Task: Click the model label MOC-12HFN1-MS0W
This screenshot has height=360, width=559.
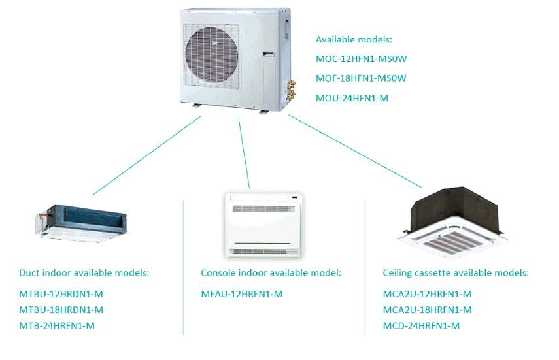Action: point(361,59)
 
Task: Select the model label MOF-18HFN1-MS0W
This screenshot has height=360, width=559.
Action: point(361,78)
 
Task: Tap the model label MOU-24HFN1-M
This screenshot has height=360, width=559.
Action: point(352,98)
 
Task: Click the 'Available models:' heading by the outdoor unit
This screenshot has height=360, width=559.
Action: point(354,39)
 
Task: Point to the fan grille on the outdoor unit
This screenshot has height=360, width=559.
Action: point(212,56)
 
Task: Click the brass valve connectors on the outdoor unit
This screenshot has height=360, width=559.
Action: point(291,89)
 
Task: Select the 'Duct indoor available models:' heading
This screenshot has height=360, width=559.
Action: point(84,273)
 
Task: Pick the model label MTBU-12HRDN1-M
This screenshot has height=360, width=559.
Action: point(61,294)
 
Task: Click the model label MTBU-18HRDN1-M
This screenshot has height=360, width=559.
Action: point(61,310)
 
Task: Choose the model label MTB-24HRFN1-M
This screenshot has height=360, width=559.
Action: point(57,326)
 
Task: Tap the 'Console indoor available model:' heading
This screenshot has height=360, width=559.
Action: point(271,273)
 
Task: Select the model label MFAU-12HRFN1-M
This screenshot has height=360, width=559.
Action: point(242,294)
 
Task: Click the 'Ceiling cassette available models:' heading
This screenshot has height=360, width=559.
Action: point(456,273)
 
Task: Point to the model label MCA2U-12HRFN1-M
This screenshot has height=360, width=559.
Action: point(427,294)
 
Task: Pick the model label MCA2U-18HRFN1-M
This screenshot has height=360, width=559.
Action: point(427,310)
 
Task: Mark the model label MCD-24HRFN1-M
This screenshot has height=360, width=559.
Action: point(421,326)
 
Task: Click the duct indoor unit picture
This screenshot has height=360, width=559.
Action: point(81,223)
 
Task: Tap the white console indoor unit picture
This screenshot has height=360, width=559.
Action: point(263,225)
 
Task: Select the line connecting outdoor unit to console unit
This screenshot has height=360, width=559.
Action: point(244,154)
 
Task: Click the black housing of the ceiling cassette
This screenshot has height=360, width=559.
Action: point(454,206)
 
